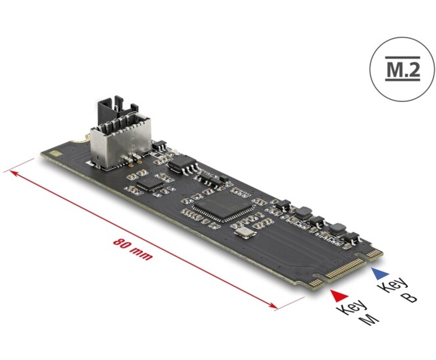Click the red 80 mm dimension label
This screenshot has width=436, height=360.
click(x=133, y=249)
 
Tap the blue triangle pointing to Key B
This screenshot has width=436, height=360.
click(x=381, y=274)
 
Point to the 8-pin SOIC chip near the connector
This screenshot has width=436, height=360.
click(x=183, y=163)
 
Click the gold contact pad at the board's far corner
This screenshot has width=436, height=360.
click(x=56, y=153)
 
